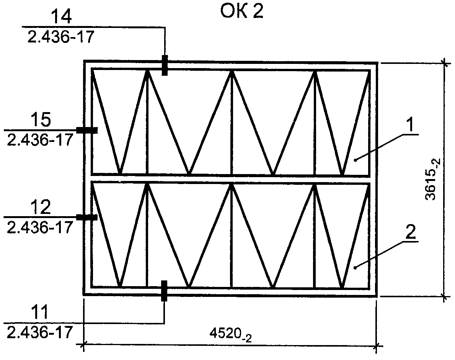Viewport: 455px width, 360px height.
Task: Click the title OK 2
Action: coord(242,11)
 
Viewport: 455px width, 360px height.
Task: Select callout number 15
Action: coord(41,119)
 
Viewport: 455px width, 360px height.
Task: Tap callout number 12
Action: coord(41,207)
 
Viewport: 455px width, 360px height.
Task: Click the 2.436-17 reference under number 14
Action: coord(61,37)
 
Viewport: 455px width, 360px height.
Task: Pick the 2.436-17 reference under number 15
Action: coord(40,140)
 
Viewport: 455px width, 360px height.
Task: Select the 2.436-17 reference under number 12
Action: coord(40,228)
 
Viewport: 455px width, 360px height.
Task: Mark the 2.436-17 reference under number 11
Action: coord(40,332)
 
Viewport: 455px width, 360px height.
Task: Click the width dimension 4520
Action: coord(230,335)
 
